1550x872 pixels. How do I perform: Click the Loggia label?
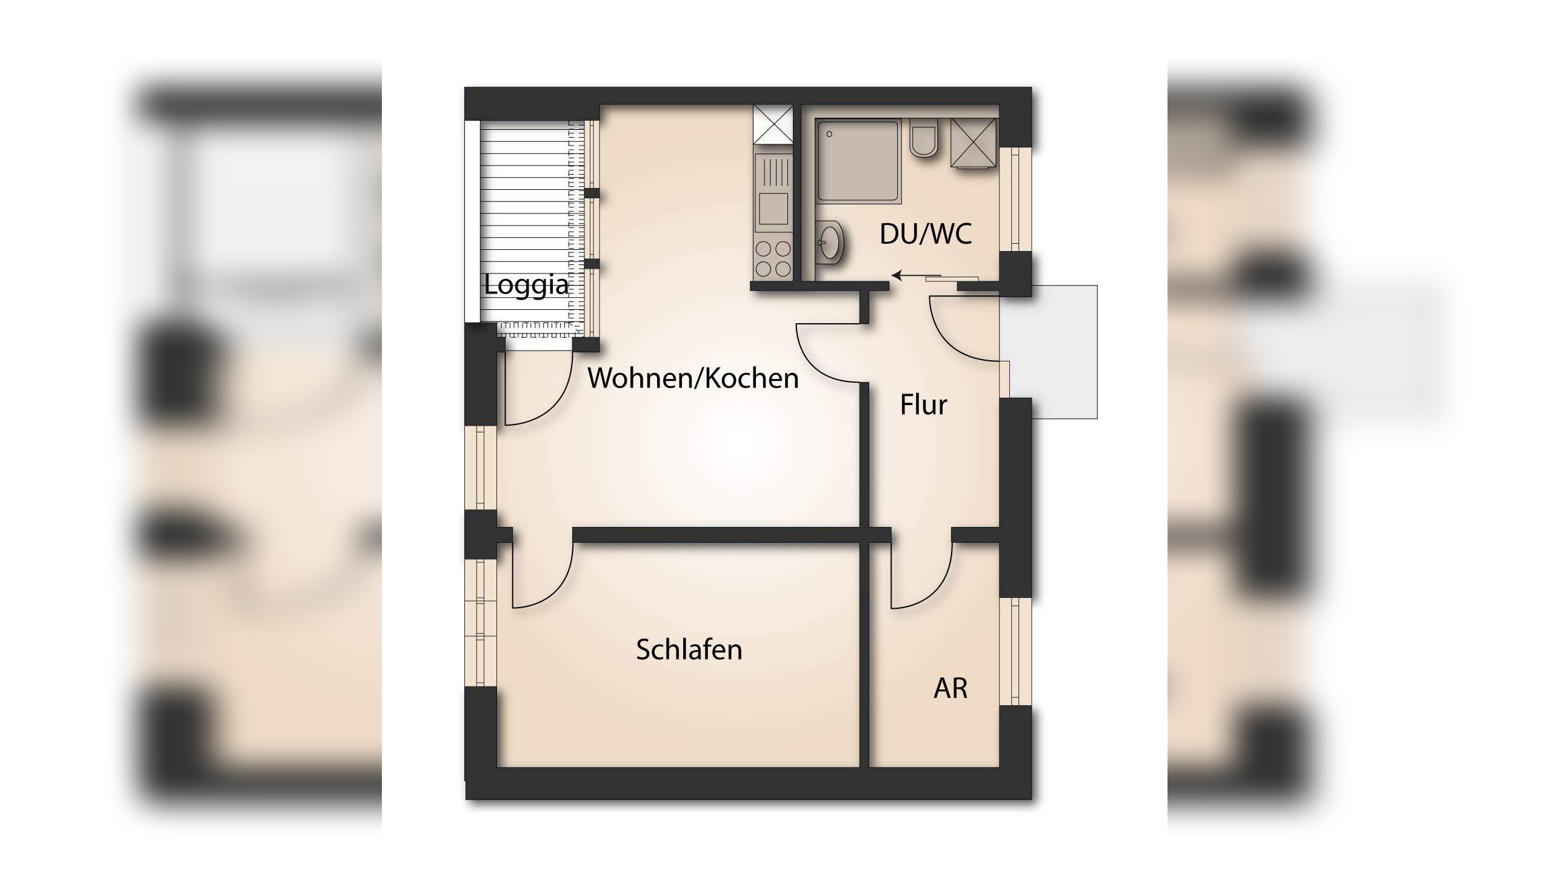[x=526, y=285]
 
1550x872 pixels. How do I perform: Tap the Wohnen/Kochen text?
[x=693, y=378]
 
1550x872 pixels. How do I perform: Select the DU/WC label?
[x=926, y=234]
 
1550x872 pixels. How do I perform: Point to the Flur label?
[x=923, y=405]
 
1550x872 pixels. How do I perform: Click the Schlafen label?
[x=689, y=650]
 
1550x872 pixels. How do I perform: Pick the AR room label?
[x=950, y=688]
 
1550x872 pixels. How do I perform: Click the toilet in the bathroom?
[x=924, y=139]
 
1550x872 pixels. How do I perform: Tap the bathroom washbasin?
[x=829, y=243]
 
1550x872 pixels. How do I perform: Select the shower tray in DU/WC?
[x=858, y=161]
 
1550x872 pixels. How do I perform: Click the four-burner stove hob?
[x=773, y=258]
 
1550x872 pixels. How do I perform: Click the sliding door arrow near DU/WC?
[x=906, y=277]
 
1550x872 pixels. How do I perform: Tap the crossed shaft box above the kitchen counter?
[x=773, y=124]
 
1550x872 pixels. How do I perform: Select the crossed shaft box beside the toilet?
[x=974, y=143]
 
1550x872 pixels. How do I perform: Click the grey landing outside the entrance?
[x=1064, y=352]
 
